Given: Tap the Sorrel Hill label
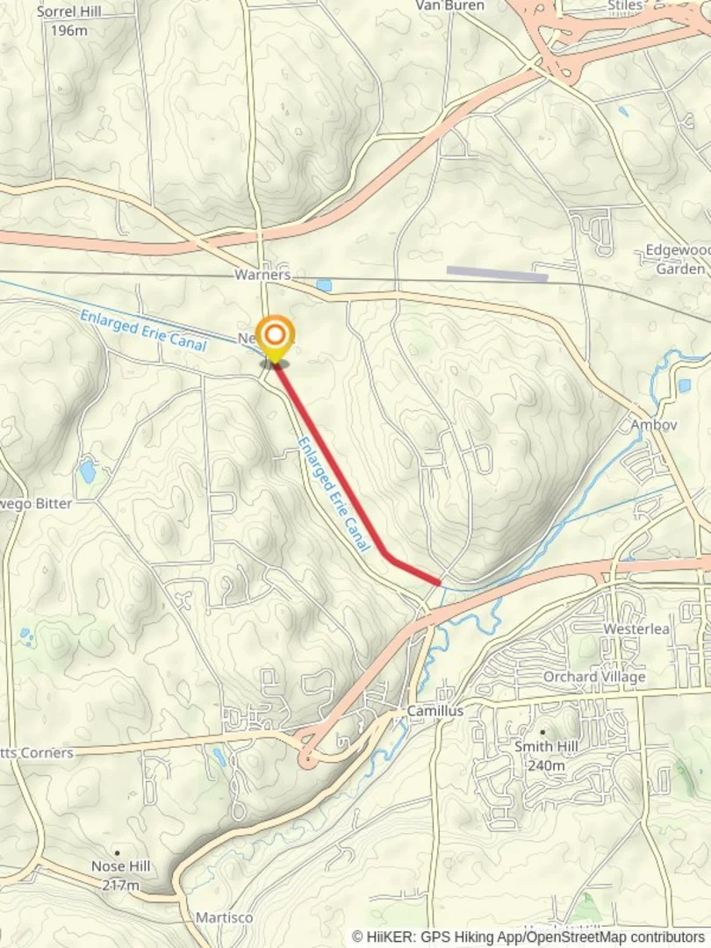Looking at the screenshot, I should pos(68,11).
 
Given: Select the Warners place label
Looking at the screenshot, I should pos(262,275).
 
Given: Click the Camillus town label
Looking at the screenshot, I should pos(434,710).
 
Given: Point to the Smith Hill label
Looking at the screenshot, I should pos(545,747).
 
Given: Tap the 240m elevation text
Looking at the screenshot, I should pos(545,765).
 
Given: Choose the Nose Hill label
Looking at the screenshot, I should pos(121,866).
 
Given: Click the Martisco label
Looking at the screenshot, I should pos(224,917).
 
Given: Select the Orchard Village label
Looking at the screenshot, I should pos(594,677).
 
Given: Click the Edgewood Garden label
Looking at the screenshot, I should pos(678,259).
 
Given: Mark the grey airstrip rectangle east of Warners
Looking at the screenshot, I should pos(497,274).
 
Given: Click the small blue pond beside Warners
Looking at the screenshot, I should pos(324,285).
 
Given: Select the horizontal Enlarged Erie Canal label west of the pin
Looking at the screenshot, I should pos(142,331).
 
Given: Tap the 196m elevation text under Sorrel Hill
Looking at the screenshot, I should pos(68,31).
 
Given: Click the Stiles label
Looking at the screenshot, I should pos(625,6).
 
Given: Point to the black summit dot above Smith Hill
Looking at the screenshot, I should pos(542,731).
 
